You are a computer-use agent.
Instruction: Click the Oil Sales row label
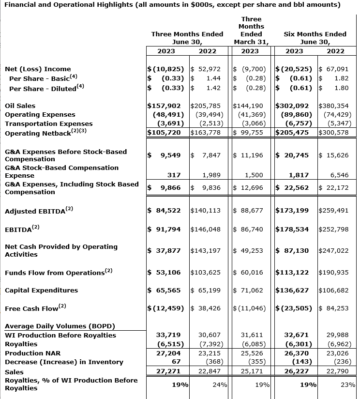20,106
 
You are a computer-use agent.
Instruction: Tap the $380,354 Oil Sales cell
334,106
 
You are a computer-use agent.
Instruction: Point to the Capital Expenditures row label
41,291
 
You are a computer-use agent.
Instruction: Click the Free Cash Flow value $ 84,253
334,308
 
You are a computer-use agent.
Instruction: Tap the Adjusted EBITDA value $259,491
334,211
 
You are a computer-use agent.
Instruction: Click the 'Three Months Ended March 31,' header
251,30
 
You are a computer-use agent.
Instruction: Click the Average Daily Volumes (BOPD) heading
60,326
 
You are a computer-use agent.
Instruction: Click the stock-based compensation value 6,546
338,175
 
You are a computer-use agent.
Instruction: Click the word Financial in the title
22,5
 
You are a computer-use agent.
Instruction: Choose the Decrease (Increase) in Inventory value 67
176,362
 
